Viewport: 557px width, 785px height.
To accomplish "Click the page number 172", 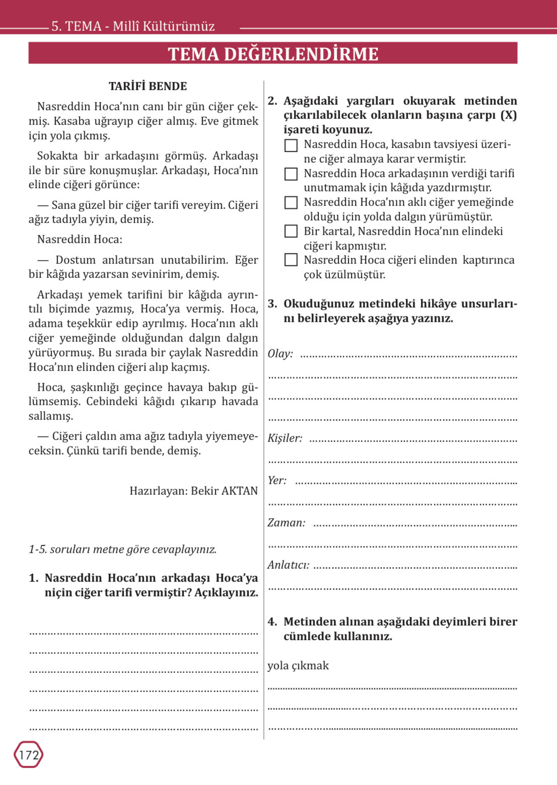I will [x=29, y=754].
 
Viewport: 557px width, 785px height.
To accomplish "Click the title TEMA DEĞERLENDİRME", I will [x=273, y=54].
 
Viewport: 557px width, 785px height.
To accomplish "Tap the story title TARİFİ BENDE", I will [x=148, y=86].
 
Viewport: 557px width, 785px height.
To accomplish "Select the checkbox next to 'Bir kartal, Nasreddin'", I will [x=291, y=231].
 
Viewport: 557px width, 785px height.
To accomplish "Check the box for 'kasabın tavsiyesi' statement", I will [x=291, y=145].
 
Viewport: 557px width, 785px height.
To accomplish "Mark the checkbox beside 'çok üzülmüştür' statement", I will [x=291, y=260].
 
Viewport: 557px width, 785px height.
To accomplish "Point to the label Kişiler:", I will [x=285, y=438].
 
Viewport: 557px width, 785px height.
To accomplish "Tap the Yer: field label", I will [x=277, y=480].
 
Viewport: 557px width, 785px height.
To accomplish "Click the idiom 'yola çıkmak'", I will [x=298, y=666].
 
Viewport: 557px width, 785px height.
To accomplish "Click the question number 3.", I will [x=272, y=304].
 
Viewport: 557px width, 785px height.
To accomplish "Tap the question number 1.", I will [x=33, y=578].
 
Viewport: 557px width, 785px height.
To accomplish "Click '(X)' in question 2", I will [x=508, y=115].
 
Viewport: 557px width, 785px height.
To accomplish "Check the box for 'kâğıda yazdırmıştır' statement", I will [x=291, y=174].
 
